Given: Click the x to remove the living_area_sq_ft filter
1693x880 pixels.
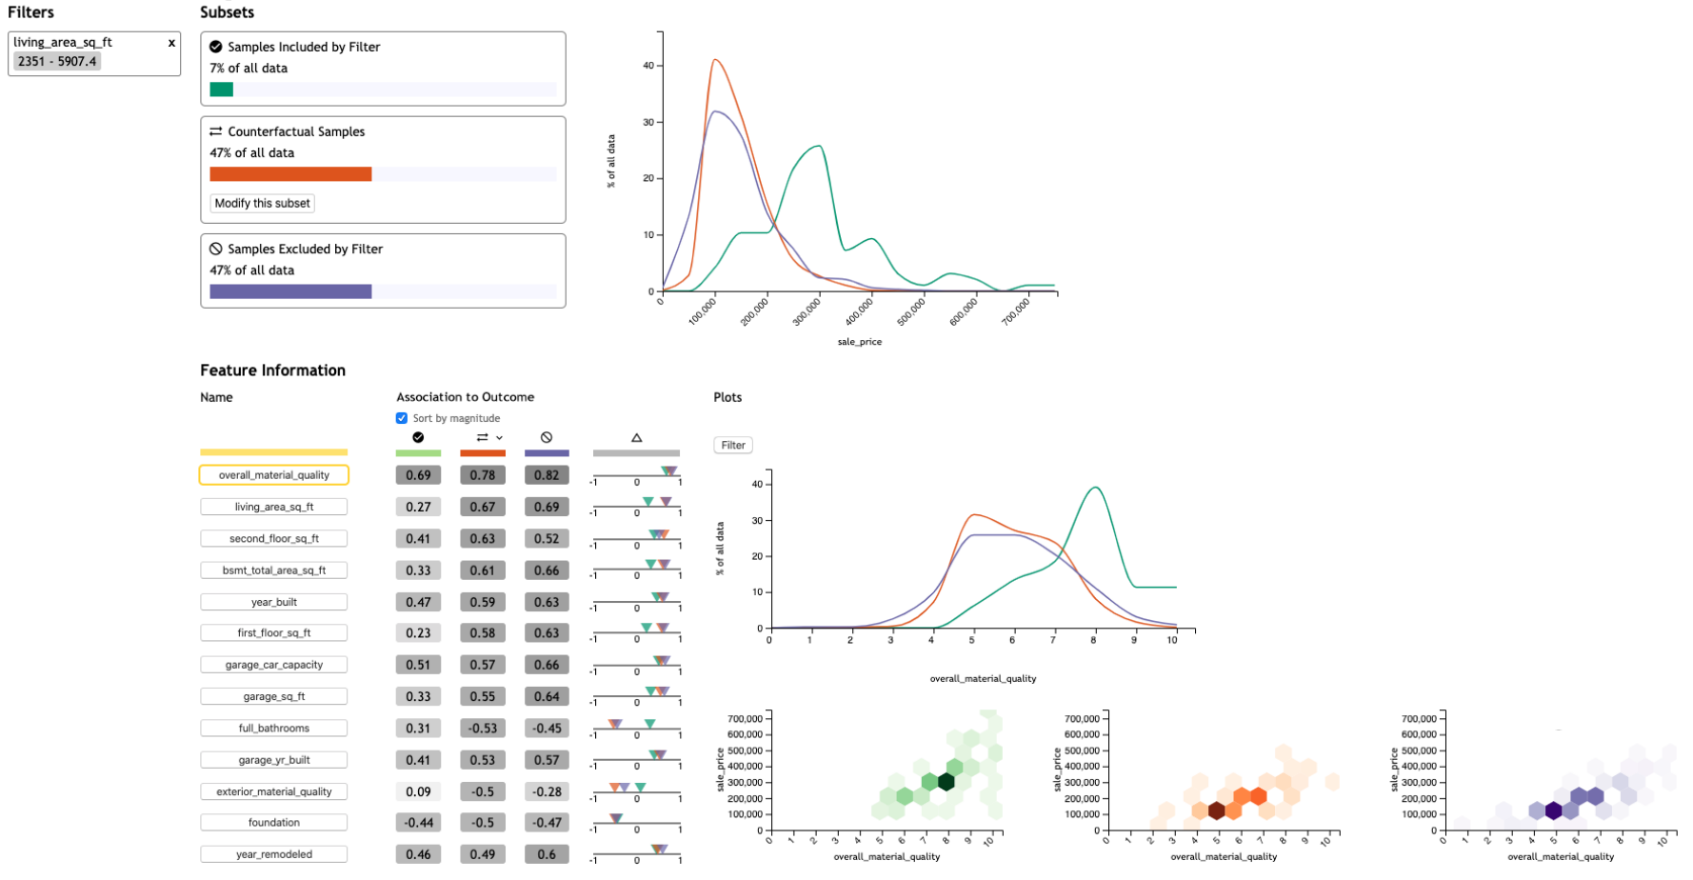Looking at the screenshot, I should [x=171, y=43].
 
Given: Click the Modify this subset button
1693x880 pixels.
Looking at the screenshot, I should [x=262, y=203].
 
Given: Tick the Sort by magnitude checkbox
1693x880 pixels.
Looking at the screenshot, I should [x=402, y=418].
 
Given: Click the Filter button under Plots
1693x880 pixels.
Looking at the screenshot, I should [x=733, y=445].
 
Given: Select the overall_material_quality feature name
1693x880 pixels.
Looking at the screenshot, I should [x=274, y=475].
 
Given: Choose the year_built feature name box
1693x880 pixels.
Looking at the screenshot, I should [x=274, y=602].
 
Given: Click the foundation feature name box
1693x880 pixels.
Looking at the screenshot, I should [x=274, y=823].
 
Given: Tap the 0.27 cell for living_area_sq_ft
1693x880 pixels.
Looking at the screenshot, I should [x=418, y=507].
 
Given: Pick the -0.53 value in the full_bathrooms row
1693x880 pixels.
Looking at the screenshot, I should [x=482, y=729].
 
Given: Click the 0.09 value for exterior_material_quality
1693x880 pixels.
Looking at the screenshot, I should [x=418, y=791].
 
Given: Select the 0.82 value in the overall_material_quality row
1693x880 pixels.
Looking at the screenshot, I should [x=547, y=475].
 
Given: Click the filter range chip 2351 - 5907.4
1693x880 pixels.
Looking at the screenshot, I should [x=57, y=61].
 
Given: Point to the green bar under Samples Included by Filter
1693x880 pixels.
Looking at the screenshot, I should [x=222, y=90].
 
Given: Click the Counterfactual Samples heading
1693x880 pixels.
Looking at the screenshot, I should [x=296, y=131].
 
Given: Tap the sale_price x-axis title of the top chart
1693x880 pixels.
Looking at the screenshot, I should [x=859, y=342].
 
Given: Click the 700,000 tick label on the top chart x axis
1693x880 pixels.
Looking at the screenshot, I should [x=1016, y=311].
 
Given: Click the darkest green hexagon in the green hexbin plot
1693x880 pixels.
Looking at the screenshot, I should [x=946, y=782].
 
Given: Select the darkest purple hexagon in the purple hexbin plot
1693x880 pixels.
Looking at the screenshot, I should [x=1554, y=810].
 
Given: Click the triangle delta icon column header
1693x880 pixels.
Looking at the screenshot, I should [x=636, y=438].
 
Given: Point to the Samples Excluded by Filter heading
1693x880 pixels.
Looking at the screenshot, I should [x=305, y=249].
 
